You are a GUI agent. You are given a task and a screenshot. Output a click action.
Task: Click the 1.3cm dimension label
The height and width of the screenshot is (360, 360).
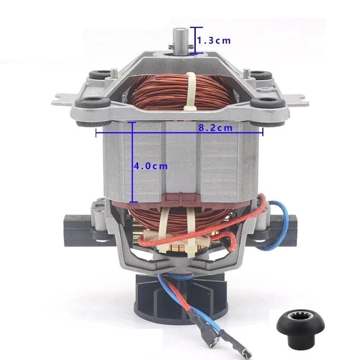[214, 40]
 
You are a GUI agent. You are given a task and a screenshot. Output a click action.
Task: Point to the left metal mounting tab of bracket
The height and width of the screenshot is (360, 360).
[61, 99]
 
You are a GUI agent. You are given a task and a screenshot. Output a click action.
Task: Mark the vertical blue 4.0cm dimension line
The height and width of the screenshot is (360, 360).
[132, 162]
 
